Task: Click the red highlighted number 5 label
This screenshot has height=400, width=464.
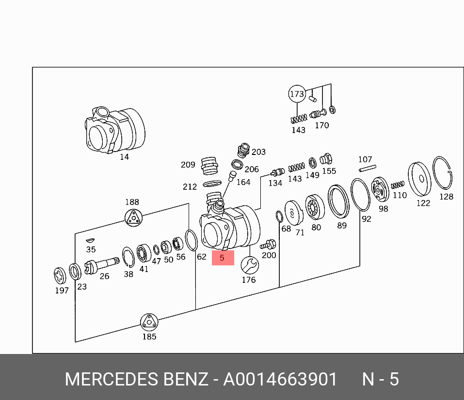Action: click(x=223, y=258)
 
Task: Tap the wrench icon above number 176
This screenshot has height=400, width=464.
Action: click(x=249, y=265)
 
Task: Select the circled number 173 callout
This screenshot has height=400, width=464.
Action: click(x=297, y=94)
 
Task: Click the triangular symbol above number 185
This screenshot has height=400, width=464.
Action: click(x=149, y=322)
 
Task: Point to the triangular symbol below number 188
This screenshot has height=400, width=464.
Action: click(x=133, y=218)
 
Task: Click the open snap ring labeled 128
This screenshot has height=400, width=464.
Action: click(x=443, y=174)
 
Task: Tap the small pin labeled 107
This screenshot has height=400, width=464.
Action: click(x=367, y=169)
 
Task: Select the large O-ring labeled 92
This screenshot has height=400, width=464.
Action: click(x=360, y=195)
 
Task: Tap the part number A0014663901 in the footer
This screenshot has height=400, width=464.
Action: click(x=280, y=379)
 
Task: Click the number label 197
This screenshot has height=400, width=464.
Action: click(x=62, y=291)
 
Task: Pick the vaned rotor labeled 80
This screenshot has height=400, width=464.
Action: click(x=315, y=209)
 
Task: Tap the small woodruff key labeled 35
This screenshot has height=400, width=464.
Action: click(x=90, y=240)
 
